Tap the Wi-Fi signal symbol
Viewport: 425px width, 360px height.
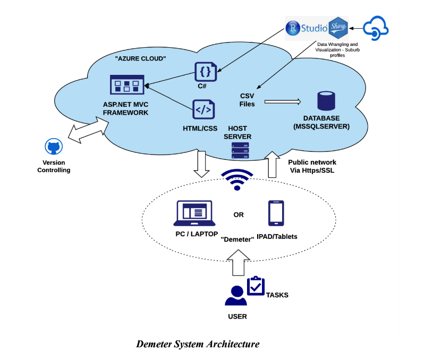coord(237,179)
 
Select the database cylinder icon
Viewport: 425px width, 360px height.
coord(326,101)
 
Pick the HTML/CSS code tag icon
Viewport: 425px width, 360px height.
coord(204,110)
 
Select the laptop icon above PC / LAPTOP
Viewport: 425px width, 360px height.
coord(194,214)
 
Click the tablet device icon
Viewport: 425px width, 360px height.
coord(275,213)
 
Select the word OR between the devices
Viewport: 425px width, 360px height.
coord(239,215)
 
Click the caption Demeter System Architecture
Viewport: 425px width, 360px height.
coord(198,344)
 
